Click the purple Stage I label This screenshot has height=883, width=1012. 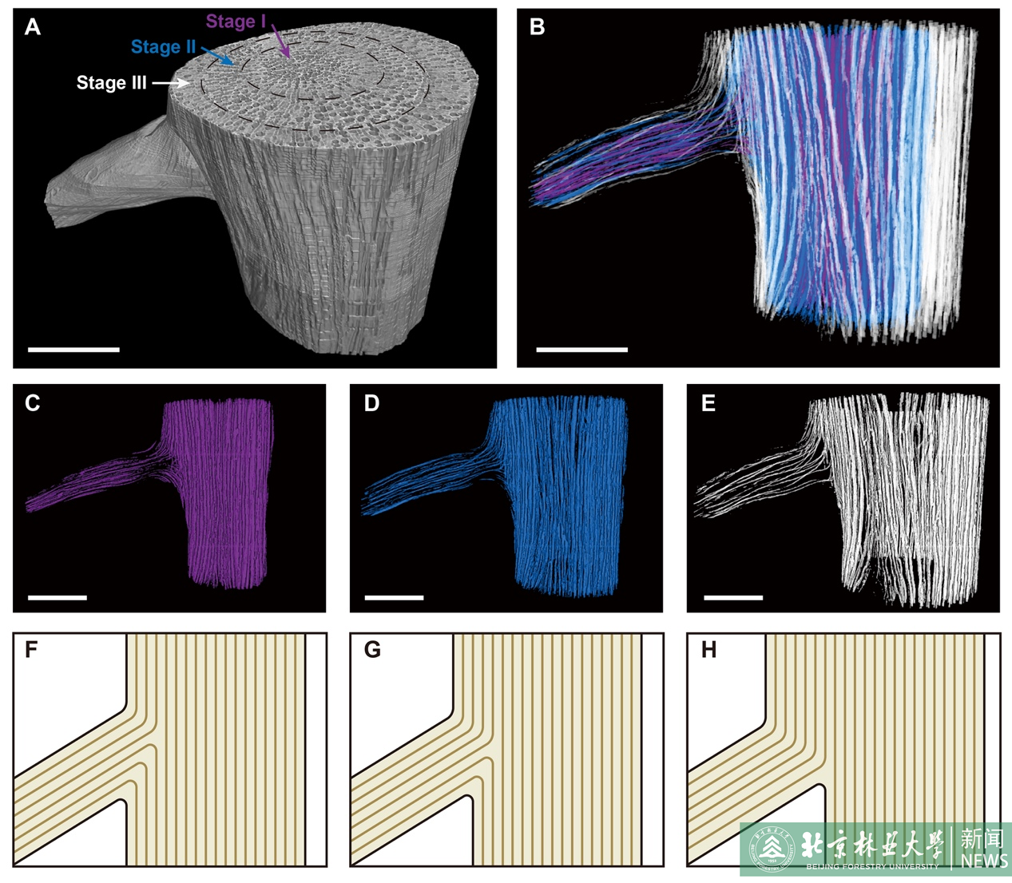pos(236,22)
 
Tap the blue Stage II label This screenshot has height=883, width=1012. pos(163,47)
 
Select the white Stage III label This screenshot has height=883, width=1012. pos(111,83)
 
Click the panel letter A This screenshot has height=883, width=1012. pos(33,27)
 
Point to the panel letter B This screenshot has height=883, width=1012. pos(538,27)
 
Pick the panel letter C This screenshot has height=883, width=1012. pos(33,403)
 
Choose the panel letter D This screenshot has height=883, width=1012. pos(371,403)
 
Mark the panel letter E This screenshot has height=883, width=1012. pos(708,403)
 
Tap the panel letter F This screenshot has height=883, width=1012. pos(31,650)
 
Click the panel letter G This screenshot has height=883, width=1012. pos(372,650)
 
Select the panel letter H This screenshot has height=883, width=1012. pos(708,650)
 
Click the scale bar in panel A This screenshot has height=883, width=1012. pos(73,350)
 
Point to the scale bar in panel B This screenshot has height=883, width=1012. pos(581,350)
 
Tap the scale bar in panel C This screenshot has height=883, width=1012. pos(58,597)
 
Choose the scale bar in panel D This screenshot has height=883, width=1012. pos(394,597)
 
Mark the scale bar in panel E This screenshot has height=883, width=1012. pos(733,597)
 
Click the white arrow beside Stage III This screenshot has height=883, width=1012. pos(170,82)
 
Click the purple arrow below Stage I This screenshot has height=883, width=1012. pos(281,42)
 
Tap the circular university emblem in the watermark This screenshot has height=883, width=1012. pos(772,848)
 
